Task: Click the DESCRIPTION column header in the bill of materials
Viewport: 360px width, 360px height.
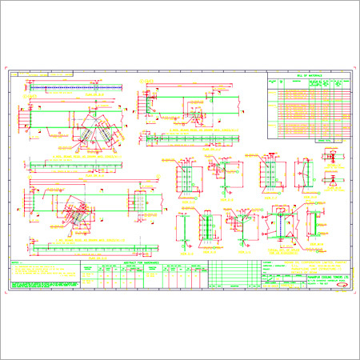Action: [298, 82]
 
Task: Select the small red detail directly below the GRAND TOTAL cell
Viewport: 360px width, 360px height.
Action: [329, 157]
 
